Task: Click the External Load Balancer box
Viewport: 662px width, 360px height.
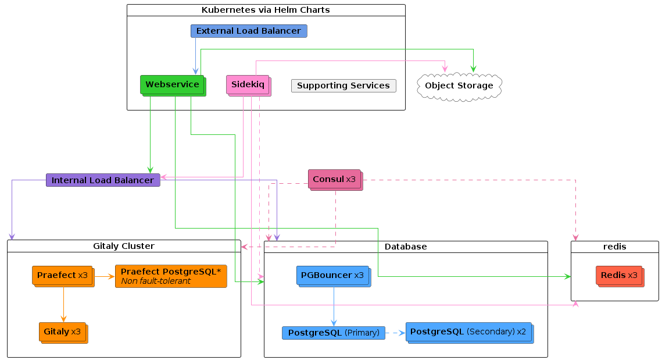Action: pyautogui.click(x=249, y=31)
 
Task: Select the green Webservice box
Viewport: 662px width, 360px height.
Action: pyautogui.click(x=173, y=85)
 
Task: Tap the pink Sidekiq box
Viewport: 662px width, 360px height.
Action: pyautogui.click(x=249, y=85)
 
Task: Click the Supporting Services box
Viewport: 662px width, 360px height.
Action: pyautogui.click(x=343, y=85)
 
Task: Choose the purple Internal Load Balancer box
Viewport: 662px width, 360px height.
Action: pyautogui.click(x=103, y=180)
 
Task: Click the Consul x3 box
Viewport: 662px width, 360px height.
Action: pyautogui.click(x=335, y=180)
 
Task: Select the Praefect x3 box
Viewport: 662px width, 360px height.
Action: pyautogui.click(x=63, y=276)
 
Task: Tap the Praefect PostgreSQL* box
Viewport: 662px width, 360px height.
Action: pyautogui.click(x=171, y=276)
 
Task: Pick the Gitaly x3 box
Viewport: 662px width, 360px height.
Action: pyautogui.click(x=63, y=333)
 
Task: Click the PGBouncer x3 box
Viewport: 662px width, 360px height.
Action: pyautogui.click(x=334, y=276)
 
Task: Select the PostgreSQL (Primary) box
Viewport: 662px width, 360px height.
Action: pyautogui.click(x=334, y=333)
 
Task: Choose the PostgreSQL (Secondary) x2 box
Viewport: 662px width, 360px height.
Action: pyautogui.click(x=470, y=333)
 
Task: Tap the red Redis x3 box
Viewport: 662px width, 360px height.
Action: pyautogui.click(x=620, y=276)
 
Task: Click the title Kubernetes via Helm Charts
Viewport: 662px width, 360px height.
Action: pyautogui.click(x=266, y=10)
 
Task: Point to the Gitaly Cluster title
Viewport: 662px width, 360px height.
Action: pyautogui.click(x=124, y=246)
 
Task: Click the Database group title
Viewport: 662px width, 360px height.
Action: pyautogui.click(x=405, y=247)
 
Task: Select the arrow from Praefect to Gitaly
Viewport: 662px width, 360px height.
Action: pyautogui.click(x=63, y=305)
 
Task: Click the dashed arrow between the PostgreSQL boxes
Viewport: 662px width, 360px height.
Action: pyautogui.click(x=395, y=333)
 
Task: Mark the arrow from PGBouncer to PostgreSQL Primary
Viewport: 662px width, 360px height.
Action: pyautogui.click(x=334, y=306)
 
